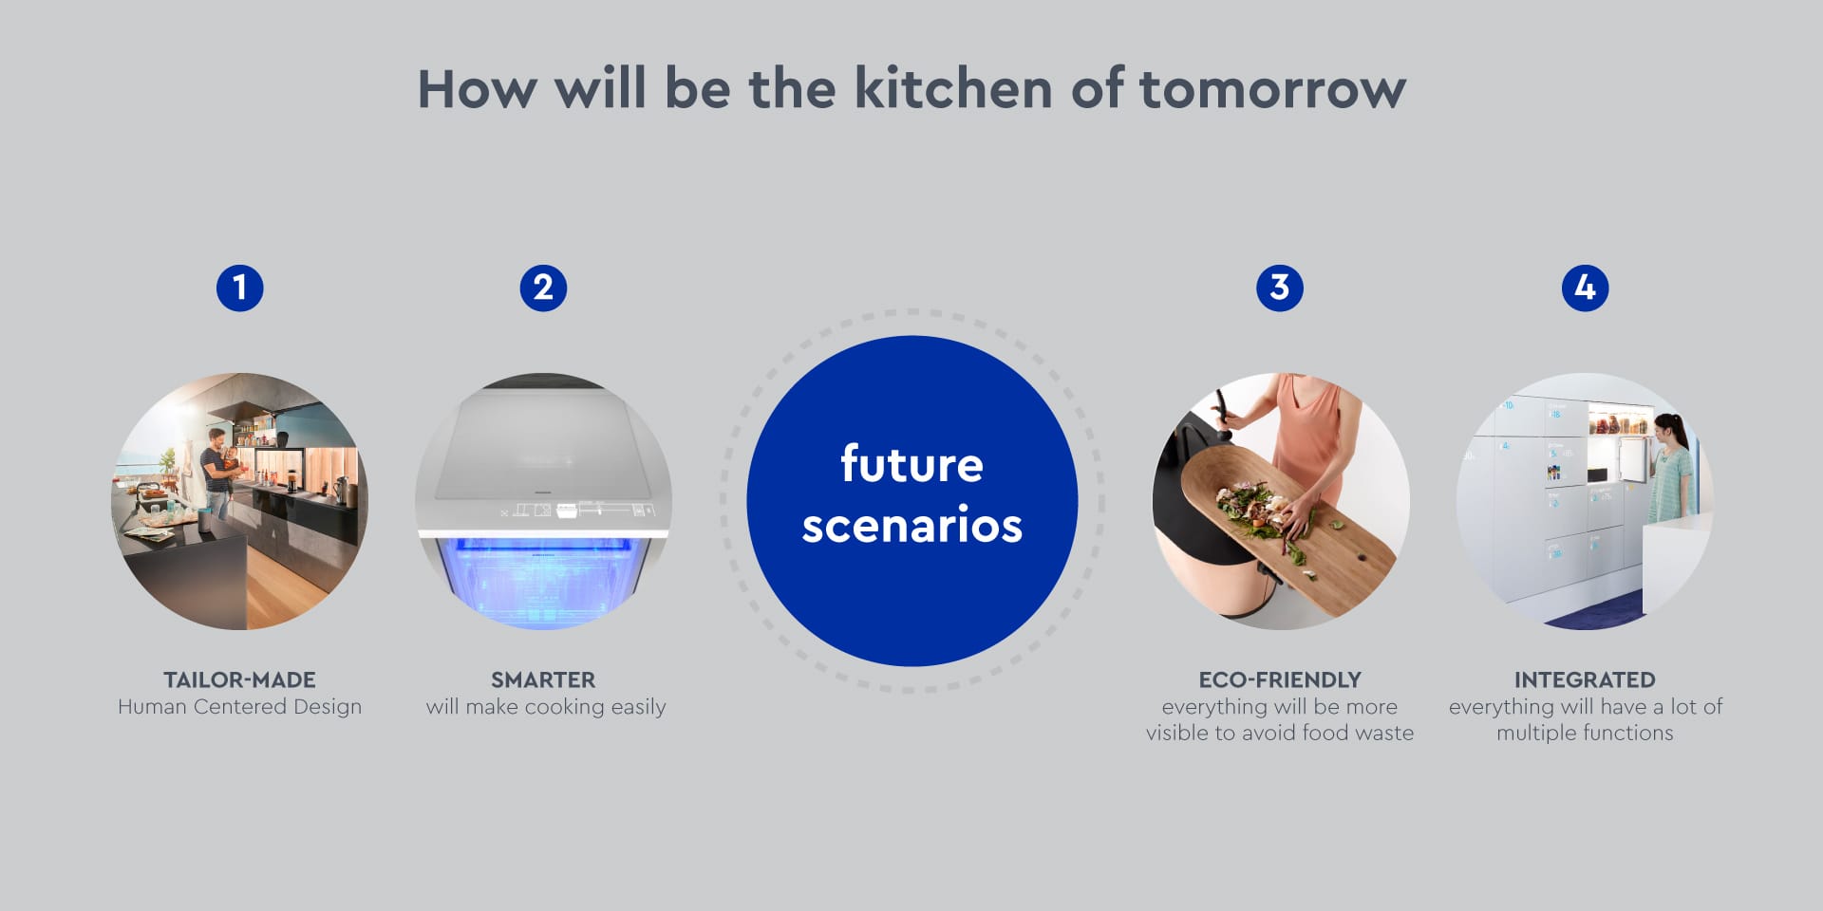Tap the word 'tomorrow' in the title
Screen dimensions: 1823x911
click(x=1272, y=89)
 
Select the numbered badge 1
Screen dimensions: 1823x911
click(x=239, y=288)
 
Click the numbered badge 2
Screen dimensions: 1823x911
click(x=543, y=288)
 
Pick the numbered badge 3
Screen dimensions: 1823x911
click(x=1280, y=288)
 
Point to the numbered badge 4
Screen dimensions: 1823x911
click(x=1585, y=288)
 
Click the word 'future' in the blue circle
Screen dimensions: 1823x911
click(x=911, y=464)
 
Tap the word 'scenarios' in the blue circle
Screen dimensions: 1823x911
click(x=911, y=525)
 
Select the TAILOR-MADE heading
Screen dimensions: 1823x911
click(x=239, y=679)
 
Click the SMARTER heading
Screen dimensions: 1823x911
click(x=543, y=679)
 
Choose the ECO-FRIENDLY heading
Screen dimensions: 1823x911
click(x=1280, y=679)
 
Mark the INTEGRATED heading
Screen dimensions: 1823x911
click(x=1585, y=679)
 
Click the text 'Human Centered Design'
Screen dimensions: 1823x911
click(x=239, y=707)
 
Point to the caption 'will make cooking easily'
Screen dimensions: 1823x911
click(x=546, y=707)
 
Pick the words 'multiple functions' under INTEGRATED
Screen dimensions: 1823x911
click(x=1585, y=733)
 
